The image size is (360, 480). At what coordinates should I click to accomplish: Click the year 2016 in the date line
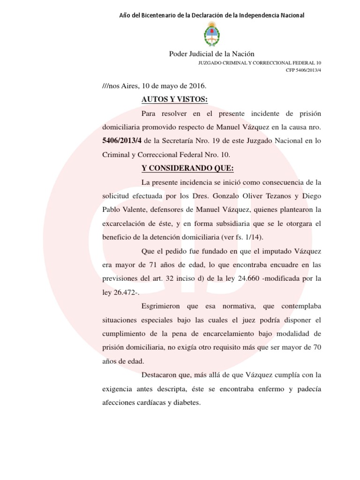196,86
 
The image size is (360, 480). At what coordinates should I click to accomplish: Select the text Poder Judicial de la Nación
211,54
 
